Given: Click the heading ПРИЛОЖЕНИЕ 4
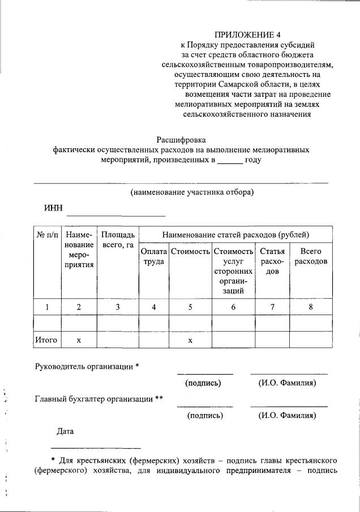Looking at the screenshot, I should pos(247,34).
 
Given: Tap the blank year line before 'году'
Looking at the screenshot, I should pos(230,161).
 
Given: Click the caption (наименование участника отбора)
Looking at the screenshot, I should pos(192,192).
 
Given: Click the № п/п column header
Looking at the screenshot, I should pos(47,234).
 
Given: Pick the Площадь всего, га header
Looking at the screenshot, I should pos(118,239).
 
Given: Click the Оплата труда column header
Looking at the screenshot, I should pos(154,256).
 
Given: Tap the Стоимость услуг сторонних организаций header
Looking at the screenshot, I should pos(233,271).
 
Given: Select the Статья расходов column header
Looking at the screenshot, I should pos(272,261).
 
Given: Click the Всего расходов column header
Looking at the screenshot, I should pos(311,256).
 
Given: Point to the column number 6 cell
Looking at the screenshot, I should pos(233,307).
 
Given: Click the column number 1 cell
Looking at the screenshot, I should pos(47,307).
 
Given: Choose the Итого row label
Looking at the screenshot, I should pos(47,340).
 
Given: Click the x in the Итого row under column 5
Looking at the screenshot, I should pos(190,340).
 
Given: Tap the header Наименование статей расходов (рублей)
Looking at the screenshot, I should pos(235,234).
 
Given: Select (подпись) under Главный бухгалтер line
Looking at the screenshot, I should pos(204,416).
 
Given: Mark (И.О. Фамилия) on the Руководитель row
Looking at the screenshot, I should pos(288,383).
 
